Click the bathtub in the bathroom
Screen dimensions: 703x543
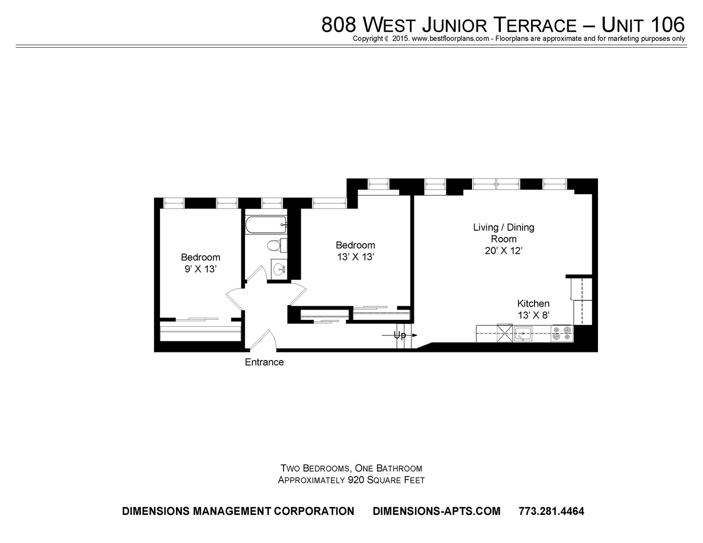(x=266, y=225)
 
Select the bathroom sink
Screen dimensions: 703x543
(x=279, y=268)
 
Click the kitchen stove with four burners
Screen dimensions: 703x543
(x=562, y=333)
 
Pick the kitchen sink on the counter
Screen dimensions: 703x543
(x=523, y=333)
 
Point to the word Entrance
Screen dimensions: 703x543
(x=264, y=362)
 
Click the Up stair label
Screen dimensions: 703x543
(x=400, y=336)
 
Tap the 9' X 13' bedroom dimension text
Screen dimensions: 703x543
(x=200, y=269)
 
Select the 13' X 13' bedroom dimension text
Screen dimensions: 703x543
(x=356, y=257)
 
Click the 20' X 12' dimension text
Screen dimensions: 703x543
(x=504, y=251)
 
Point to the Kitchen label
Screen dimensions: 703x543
(x=533, y=303)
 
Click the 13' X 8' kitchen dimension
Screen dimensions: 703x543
(x=534, y=315)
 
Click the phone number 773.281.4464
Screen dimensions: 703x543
(x=551, y=511)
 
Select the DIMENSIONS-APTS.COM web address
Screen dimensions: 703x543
(x=436, y=511)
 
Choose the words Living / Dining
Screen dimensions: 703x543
(x=504, y=227)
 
